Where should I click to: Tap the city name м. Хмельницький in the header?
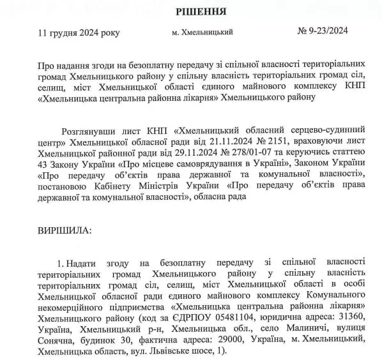tap(202, 31)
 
